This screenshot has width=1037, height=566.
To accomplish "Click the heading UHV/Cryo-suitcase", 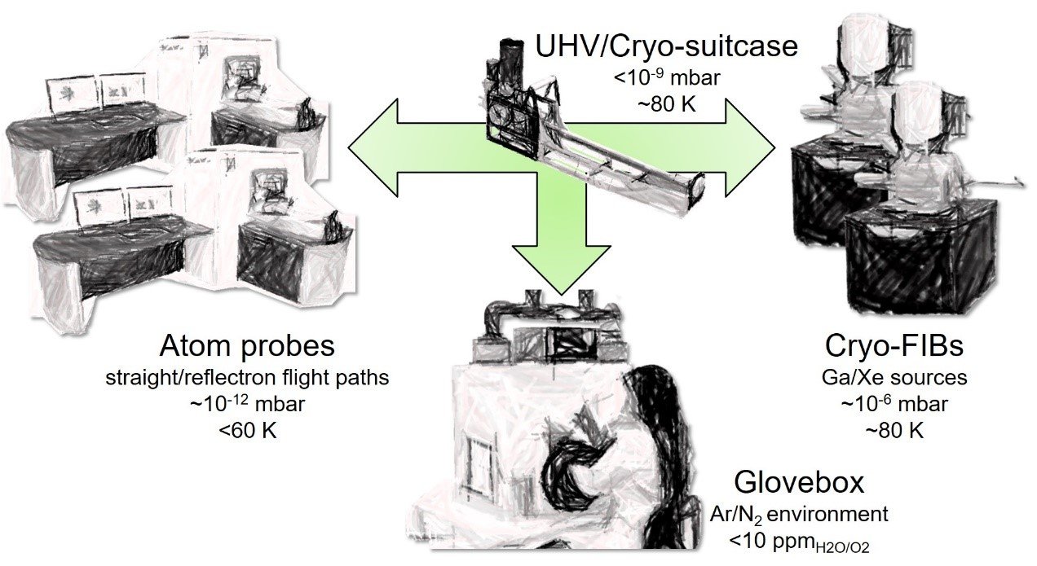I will coord(666,46).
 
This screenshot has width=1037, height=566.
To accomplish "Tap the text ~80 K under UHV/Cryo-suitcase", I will coord(666,105).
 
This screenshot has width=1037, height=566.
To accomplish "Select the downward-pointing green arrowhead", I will coord(560,269).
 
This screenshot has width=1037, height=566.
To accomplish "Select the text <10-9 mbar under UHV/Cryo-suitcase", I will coord(666,81).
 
